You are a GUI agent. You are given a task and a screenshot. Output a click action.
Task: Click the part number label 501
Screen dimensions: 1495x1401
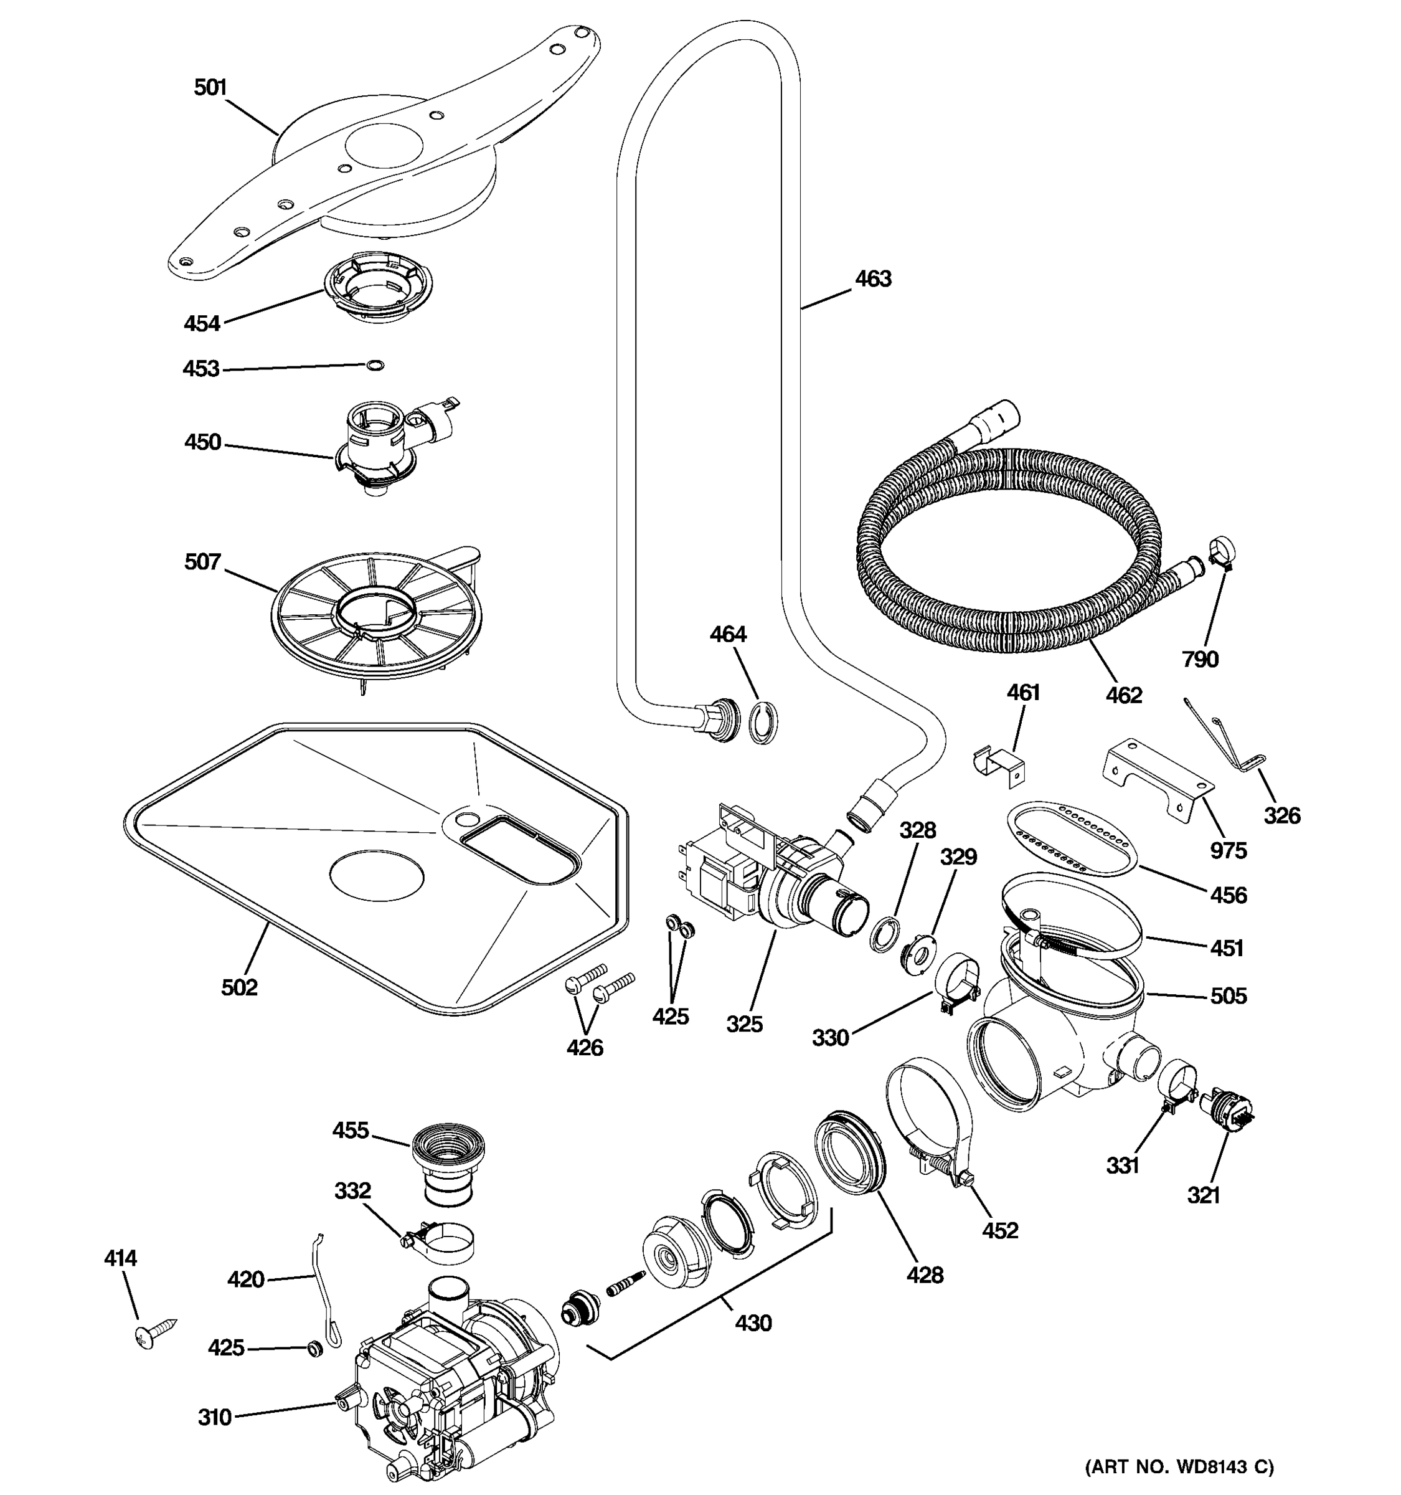(x=210, y=88)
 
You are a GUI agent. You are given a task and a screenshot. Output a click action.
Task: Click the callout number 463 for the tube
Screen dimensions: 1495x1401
(x=872, y=279)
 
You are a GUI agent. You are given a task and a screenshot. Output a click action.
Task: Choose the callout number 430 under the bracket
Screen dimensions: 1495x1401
(x=753, y=1323)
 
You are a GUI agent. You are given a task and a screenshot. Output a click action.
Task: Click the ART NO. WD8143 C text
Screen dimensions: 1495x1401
(x=1177, y=1466)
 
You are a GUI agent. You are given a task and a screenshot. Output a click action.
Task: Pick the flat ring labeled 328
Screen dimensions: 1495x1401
(x=884, y=933)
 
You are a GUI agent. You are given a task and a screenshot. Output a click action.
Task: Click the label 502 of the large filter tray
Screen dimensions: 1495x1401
(x=239, y=987)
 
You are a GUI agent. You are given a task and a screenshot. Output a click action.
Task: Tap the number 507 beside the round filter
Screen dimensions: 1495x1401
(x=203, y=562)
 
